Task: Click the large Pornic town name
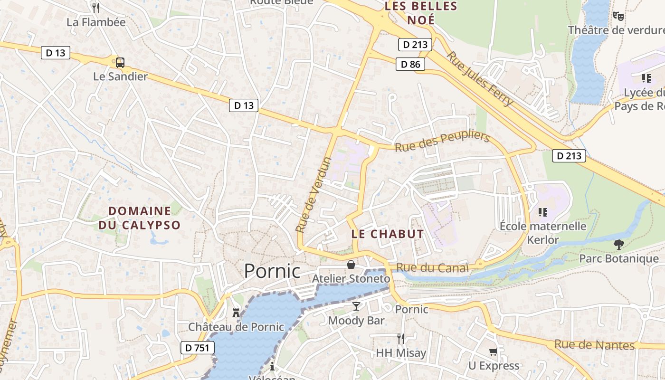coord(272,271)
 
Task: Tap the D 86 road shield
coord(410,64)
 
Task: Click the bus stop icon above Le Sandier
coord(120,62)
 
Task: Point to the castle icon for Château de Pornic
coord(236,313)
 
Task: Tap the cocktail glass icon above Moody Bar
coord(356,306)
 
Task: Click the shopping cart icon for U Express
coord(494,352)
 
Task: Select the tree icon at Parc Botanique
coord(618,245)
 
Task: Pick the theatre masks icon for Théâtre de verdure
coord(618,16)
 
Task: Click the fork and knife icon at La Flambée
coord(96,8)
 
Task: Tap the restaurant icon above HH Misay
coord(401,338)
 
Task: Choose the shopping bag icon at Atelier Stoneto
coord(351,265)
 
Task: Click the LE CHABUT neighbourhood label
coord(388,234)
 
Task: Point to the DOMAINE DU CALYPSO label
coord(140,218)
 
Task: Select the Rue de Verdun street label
coord(313,195)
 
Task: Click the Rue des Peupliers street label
coord(442,141)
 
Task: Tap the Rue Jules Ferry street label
coord(480,79)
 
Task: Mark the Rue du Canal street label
coord(432,267)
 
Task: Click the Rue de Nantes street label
coord(595,345)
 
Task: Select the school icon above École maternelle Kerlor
coord(543,212)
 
